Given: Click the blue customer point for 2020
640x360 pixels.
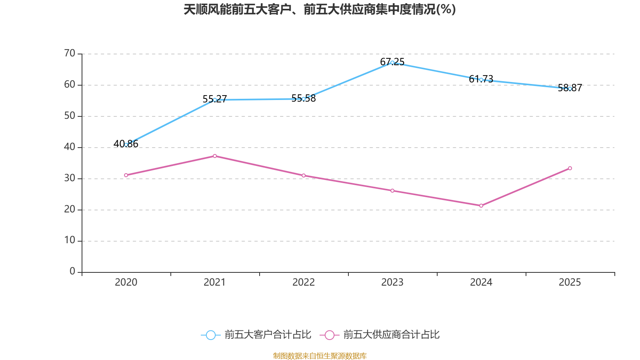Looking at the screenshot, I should point(126,144).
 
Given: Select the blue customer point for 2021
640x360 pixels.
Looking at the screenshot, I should point(215,100).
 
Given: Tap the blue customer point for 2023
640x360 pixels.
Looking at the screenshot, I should point(392,62).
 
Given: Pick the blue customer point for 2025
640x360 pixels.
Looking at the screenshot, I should point(570,88).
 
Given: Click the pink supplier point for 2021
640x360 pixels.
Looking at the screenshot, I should point(215,156).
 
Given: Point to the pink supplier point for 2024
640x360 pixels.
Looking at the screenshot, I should point(481,206).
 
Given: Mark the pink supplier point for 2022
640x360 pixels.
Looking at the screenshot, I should point(304,176).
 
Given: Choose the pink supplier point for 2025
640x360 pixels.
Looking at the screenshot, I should point(570,168).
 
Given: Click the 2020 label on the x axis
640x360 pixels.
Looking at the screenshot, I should point(126,282).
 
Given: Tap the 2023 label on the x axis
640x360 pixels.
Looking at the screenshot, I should point(392,282).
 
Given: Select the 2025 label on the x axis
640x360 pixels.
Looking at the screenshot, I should point(570,282).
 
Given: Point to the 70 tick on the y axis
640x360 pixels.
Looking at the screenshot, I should point(70,53).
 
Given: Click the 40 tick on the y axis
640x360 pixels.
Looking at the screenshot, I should point(70,147).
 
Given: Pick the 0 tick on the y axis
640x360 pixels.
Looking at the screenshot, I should point(72,272).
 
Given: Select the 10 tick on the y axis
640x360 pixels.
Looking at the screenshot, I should point(70,240).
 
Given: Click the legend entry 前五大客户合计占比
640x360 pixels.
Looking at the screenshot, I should point(256,335).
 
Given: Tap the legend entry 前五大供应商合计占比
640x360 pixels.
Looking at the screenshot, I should point(380,335).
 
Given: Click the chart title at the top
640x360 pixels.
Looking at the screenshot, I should point(320,10).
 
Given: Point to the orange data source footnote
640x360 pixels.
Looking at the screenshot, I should point(320,356).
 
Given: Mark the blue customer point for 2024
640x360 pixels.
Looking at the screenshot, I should point(481,80).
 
